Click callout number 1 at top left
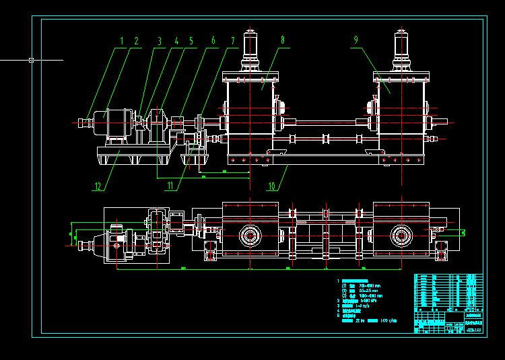(122, 42)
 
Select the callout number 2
(136, 42)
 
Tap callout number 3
(160, 42)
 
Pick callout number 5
(191, 42)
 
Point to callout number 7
(233, 42)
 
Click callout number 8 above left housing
(282, 40)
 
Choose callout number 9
(355, 40)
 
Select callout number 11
(170, 186)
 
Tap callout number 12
(98, 186)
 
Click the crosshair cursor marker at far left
(32, 60)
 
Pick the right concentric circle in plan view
(402, 236)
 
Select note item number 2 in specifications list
(338, 300)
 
